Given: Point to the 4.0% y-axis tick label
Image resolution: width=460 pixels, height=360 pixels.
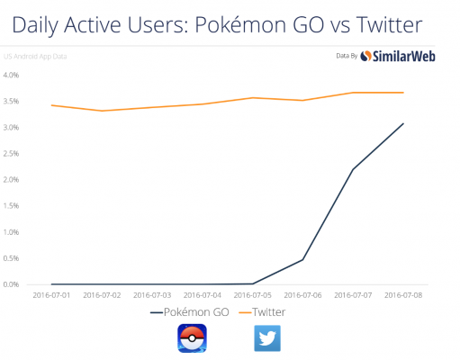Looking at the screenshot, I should point(12,76).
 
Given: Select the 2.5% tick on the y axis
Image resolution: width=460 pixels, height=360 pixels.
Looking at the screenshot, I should point(12,154).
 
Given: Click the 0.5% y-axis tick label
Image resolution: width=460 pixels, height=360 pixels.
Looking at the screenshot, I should point(12,258).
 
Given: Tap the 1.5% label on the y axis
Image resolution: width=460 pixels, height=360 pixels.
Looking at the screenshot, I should point(12,206).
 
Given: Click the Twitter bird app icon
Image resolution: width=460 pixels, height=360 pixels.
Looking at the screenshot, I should point(266,338).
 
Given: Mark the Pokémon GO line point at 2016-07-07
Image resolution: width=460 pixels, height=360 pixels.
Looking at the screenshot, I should point(353,169).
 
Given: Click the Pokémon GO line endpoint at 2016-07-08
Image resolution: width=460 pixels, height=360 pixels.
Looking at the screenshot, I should point(403,123).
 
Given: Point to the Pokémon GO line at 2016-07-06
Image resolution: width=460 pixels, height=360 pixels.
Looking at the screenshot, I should point(302,259).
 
